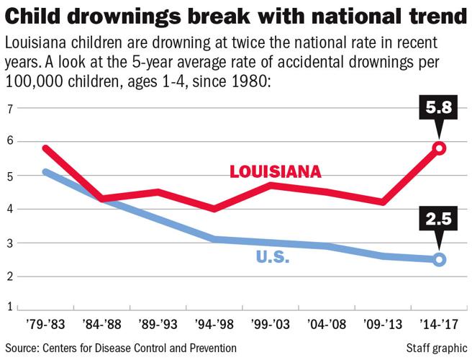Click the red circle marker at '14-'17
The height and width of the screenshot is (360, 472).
(x=440, y=148)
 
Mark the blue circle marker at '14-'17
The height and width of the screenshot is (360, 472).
(x=440, y=259)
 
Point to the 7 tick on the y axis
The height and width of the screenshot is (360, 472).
(x=11, y=109)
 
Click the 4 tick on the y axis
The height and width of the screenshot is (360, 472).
(x=11, y=210)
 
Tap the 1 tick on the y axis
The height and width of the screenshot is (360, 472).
(x=11, y=307)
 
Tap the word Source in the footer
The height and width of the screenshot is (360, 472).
(x=23, y=348)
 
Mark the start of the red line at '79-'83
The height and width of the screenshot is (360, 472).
(x=45, y=148)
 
